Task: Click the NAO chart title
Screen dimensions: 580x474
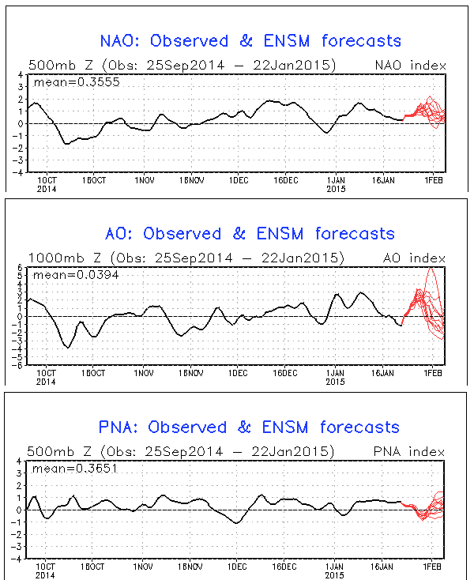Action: point(250,40)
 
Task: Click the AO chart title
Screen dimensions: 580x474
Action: point(250,233)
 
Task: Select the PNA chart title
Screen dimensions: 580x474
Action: point(250,427)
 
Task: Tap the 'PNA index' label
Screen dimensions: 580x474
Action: point(418,452)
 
